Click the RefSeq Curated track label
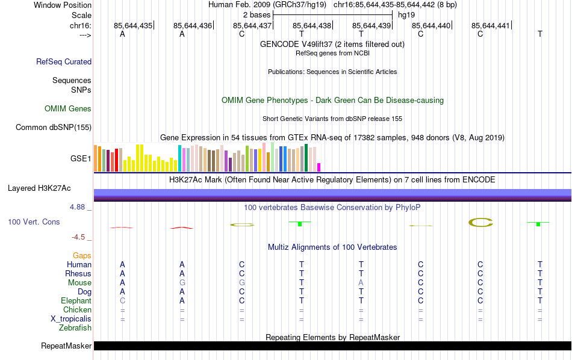(63, 61)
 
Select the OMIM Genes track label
(67, 109)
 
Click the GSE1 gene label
(81, 159)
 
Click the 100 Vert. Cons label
(34, 222)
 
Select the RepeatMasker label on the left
(66, 346)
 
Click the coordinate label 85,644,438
(312, 26)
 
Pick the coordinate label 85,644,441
(491, 26)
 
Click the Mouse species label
(79, 283)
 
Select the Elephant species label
(76, 301)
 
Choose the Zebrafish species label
(75, 328)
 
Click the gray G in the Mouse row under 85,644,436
(182, 283)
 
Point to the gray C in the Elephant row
(122, 301)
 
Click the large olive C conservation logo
(480, 223)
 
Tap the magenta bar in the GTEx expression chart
(319, 167)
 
